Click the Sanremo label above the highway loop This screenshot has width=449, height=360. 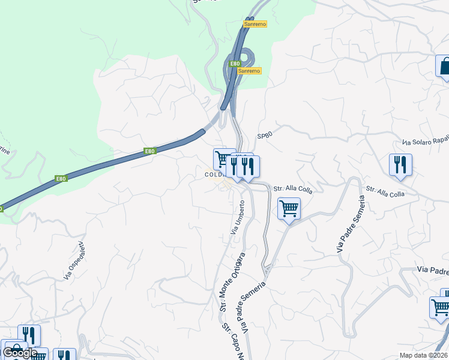tap(255, 24)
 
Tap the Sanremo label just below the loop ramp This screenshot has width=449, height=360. tap(249, 71)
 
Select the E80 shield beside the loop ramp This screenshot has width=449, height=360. tap(235, 64)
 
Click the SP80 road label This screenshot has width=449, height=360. tap(265, 136)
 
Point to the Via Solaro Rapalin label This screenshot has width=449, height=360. tap(426, 141)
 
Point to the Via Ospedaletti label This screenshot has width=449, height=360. tap(73, 259)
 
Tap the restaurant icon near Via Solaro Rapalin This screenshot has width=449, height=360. tap(400, 164)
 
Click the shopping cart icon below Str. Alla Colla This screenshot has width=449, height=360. tap(289, 209)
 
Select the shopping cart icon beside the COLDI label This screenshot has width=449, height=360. tap(224, 159)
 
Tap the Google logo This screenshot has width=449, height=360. tap(20, 353)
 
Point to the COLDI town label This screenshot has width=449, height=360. tap(214, 175)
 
